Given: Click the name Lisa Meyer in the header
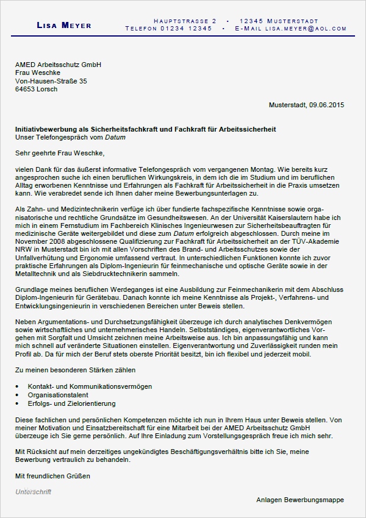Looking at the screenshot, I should (64, 25).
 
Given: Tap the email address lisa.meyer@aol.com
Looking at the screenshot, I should (300, 29).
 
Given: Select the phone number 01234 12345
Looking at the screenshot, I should (181, 29).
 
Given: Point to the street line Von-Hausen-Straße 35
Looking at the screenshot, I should (51, 80).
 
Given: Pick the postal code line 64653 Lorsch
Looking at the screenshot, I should (37, 89).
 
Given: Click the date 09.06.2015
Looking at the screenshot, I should (326, 105).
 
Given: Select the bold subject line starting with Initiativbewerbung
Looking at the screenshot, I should (146, 129).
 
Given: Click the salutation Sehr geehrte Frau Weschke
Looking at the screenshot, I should (59, 155).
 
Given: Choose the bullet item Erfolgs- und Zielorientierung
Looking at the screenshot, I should (71, 403).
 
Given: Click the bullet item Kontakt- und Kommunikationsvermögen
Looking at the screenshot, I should (90, 386).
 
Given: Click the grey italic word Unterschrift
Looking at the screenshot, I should (33, 491).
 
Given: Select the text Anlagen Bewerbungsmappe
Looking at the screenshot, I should (300, 500).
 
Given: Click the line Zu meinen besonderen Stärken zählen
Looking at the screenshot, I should (75, 369).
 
